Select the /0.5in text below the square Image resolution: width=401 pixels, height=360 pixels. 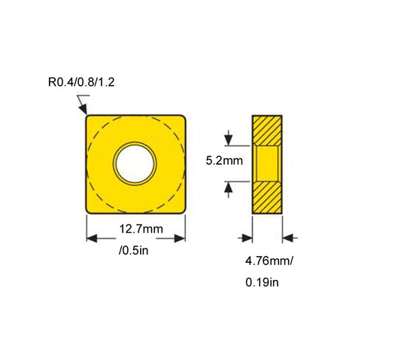tap(135, 249)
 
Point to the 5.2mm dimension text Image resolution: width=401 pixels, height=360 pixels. tap(223, 161)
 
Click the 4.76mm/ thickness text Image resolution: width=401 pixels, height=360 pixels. tap(268, 262)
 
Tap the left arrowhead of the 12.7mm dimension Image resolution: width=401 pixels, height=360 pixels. tap(91, 238)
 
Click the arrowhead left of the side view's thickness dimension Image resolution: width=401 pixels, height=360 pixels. tap(248, 238)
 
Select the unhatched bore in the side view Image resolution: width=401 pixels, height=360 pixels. tap(267, 162)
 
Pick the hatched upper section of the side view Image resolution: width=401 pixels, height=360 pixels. tap(267, 129)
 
